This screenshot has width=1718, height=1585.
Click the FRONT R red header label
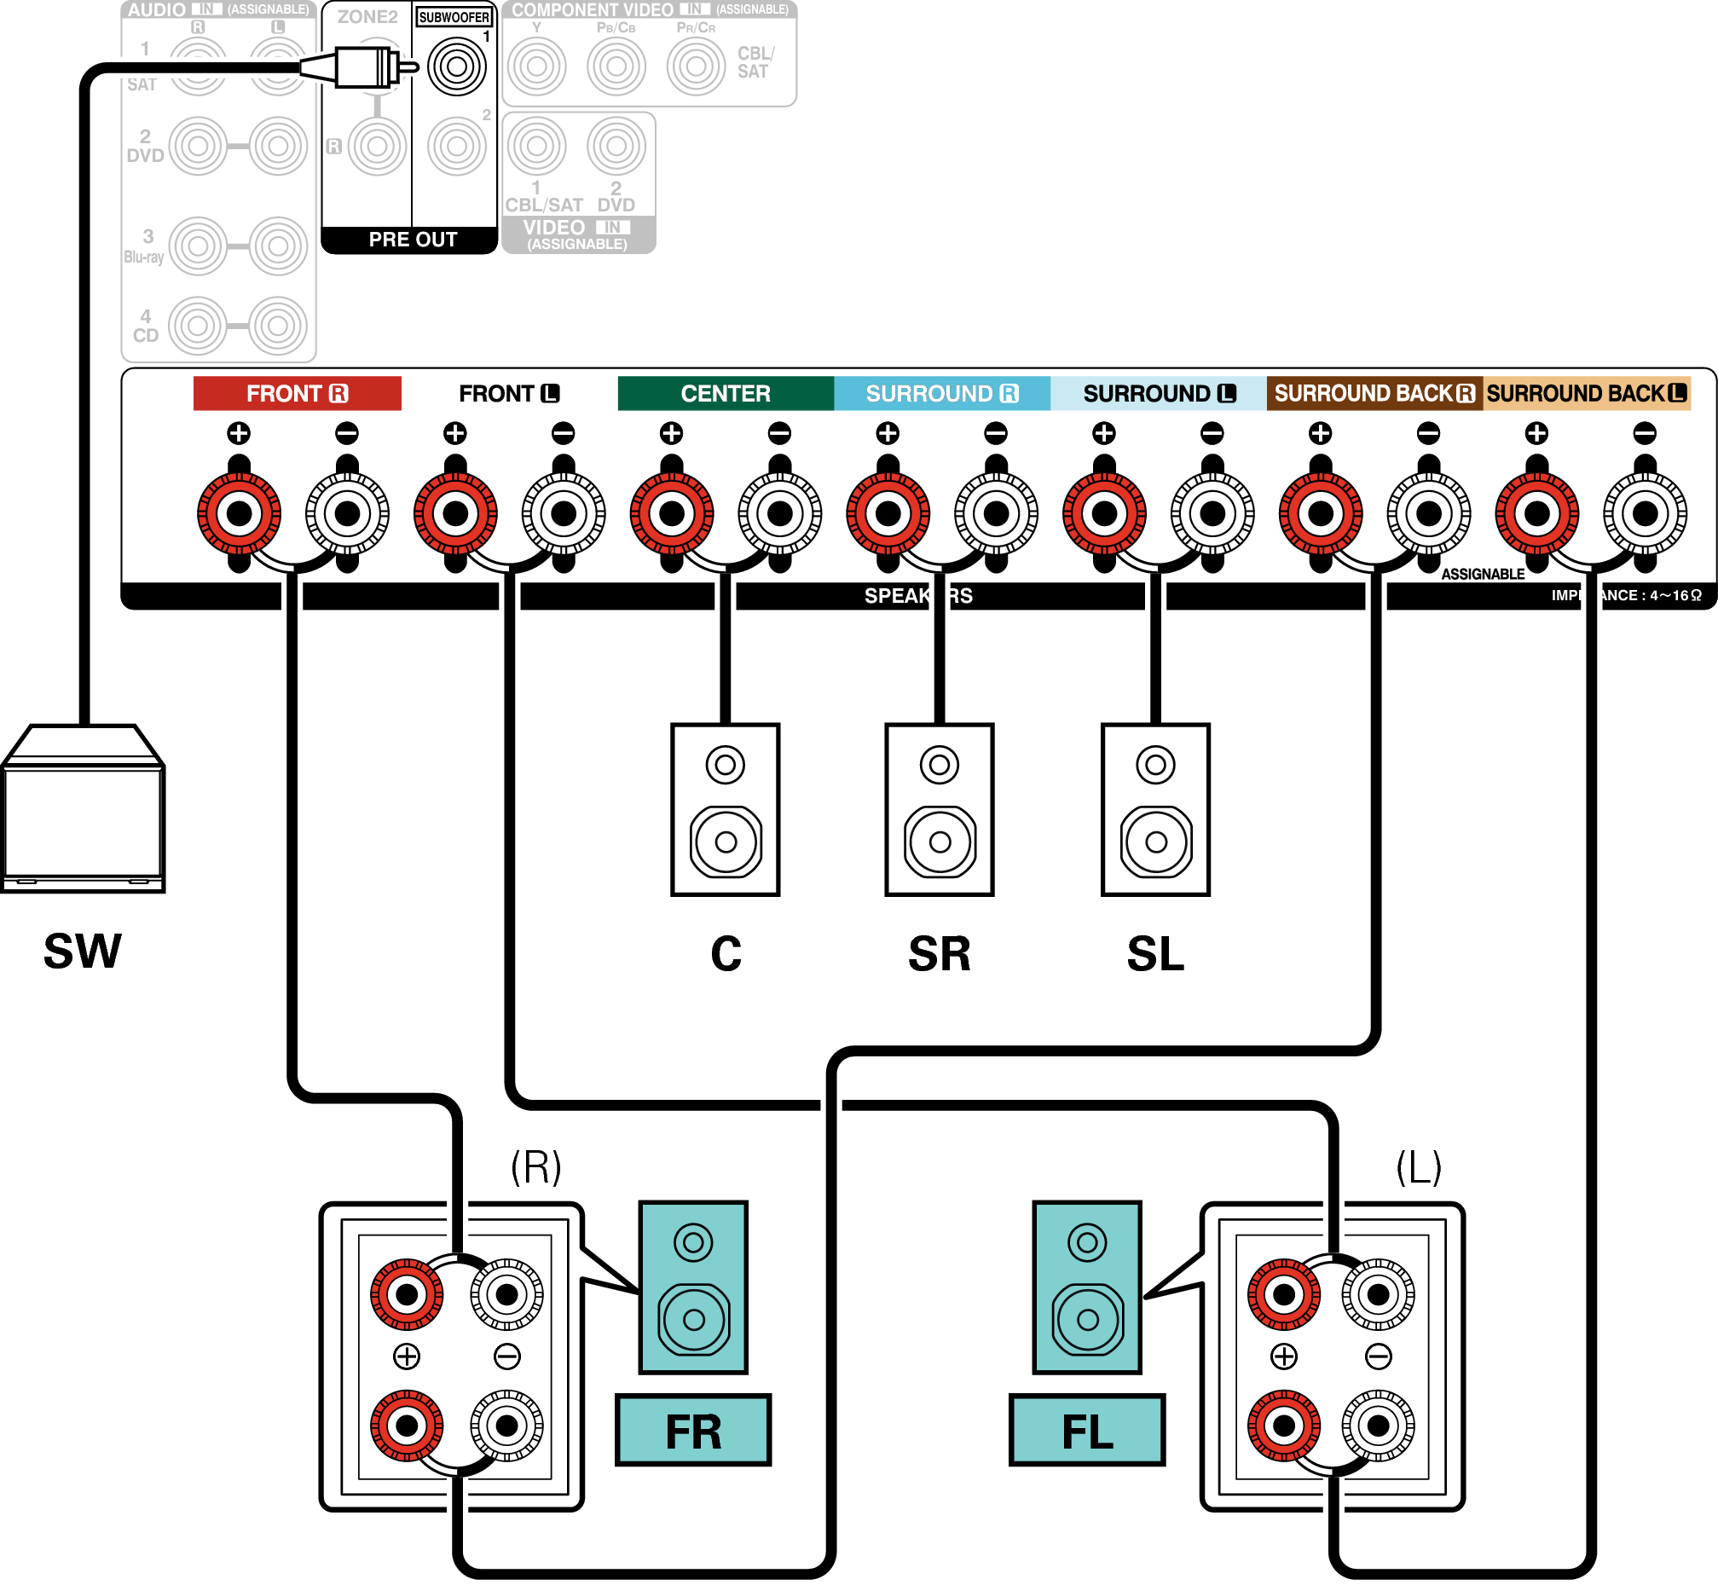pos(297,394)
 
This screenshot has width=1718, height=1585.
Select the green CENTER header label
pos(725,394)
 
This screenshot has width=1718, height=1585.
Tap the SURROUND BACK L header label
pos(1587,394)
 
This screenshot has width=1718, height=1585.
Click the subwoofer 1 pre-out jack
pos(456,67)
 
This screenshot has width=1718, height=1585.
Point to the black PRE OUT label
pos(412,240)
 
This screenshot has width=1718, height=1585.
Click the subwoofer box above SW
pos(83,811)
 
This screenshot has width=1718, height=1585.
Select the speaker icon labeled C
pos(725,810)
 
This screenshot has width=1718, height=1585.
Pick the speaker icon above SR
pos(940,810)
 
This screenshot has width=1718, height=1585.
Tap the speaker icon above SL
pos(1155,810)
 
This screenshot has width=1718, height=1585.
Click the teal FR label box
pos(693,1431)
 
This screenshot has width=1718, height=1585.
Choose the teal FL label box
pos(1087,1431)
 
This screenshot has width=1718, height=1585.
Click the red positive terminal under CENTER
pos(672,514)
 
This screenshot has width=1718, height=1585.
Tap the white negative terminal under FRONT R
pos(347,514)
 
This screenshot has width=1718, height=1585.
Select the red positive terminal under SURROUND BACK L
pos(1537,514)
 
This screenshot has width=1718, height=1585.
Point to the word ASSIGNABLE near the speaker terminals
pos(1482,574)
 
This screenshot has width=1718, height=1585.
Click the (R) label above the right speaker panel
pos(535,1166)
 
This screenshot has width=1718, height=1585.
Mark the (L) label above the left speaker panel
pos(1419,1166)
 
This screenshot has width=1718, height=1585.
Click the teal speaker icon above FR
pos(693,1287)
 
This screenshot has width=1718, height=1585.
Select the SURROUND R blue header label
pos(942,394)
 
